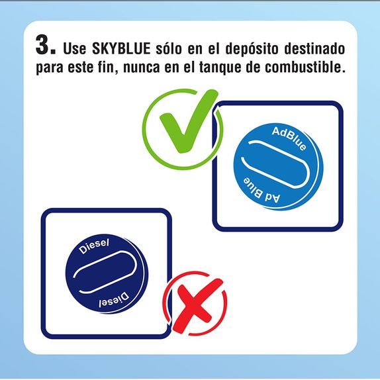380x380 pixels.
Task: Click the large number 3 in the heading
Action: point(43,44)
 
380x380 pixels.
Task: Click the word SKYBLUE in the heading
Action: point(121,48)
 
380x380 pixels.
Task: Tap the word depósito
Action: point(252,49)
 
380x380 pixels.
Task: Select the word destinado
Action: point(315,48)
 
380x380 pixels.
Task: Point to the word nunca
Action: point(142,67)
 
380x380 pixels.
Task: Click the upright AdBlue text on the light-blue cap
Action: point(289,138)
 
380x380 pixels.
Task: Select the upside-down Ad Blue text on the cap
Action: point(261,191)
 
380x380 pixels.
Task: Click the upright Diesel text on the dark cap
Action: point(94,246)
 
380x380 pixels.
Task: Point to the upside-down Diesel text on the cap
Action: point(114,301)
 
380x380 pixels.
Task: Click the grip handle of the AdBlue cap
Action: point(275,164)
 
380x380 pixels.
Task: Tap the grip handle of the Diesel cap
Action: point(105,272)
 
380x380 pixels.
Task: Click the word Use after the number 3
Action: point(74,48)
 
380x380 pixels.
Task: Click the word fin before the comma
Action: point(106,67)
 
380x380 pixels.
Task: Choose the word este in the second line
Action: point(80,67)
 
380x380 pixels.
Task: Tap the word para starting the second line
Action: point(49,68)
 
